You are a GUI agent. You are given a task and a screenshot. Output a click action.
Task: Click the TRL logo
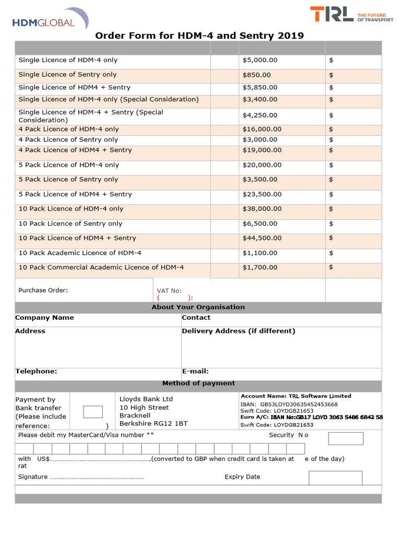click(x=351, y=15)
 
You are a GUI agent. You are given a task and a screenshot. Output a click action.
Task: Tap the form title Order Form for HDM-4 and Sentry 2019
click(x=199, y=36)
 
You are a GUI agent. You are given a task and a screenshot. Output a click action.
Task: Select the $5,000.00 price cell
click(x=260, y=61)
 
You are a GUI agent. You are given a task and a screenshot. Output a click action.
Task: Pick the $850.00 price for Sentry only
click(x=257, y=75)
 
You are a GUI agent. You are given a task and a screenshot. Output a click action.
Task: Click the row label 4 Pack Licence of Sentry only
click(x=68, y=139)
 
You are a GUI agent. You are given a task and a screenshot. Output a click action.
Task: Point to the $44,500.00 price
click(x=262, y=238)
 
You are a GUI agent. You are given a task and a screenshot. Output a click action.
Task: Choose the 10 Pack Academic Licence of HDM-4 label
click(x=80, y=253)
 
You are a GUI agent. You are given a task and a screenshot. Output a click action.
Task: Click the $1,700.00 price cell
click(x=260, y=267)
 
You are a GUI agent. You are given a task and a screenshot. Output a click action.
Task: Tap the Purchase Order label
click(x=43, y=290)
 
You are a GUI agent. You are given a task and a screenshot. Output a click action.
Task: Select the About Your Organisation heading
click(x=198, y=307)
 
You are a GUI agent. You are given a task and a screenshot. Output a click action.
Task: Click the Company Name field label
click(x=45, y=318)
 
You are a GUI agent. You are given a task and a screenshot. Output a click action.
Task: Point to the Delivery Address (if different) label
click(x=239, y=331)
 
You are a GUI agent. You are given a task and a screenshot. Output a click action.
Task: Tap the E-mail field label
click(x=195, y=371)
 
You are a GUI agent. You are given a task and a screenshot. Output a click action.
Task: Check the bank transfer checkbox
click(x=93, y=412)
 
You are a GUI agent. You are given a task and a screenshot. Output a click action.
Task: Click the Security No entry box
click(x=345, y=438)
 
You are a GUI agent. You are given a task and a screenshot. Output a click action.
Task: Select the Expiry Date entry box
click(x=335, y=478)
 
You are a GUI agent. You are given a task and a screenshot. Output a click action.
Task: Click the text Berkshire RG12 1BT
click(x=154, y=424)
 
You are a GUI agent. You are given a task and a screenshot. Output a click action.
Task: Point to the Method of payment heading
click(x=198, y=383)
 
